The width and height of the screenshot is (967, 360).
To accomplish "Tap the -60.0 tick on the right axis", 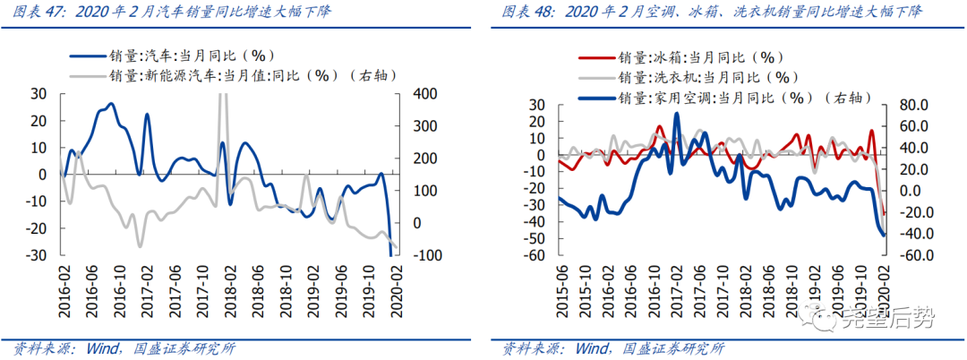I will pyautogui.click(x=910, y=255).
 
